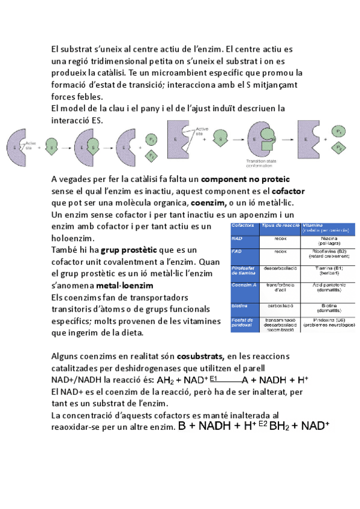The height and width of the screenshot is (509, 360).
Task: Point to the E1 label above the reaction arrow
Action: pyautogui.click(x=214, y=377)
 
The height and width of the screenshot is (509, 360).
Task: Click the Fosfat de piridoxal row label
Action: pyautogui.click(x=244, y=323)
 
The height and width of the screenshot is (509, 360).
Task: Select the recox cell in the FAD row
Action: pyautogui.click(x=280, y=252)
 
